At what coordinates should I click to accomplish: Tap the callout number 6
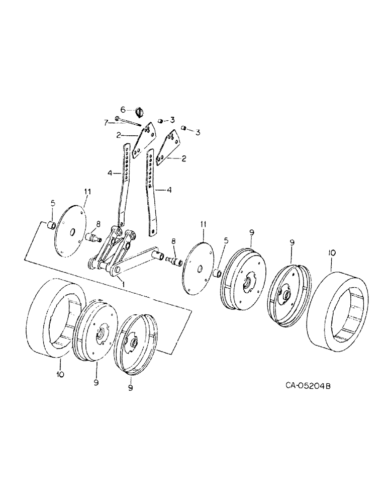[122, 109]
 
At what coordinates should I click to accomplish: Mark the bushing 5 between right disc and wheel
[218, 273]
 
